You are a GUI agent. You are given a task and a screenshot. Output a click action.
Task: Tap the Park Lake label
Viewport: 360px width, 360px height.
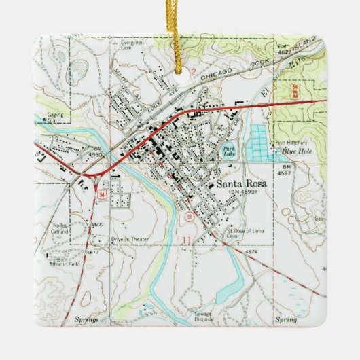226,151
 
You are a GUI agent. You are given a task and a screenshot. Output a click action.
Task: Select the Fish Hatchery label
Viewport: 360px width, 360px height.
287,143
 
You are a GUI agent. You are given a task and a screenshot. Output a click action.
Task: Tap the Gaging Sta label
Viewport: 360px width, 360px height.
55,118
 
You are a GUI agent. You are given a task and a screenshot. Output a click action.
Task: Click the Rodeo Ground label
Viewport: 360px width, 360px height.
58,230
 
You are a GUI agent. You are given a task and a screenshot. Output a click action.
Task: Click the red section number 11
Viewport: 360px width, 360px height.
186,240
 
